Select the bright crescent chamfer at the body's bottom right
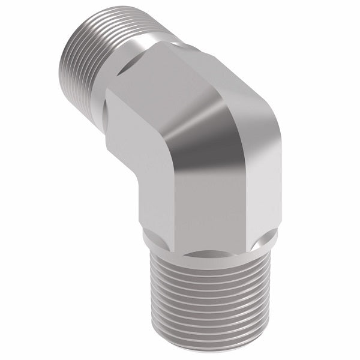coord(264,243)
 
